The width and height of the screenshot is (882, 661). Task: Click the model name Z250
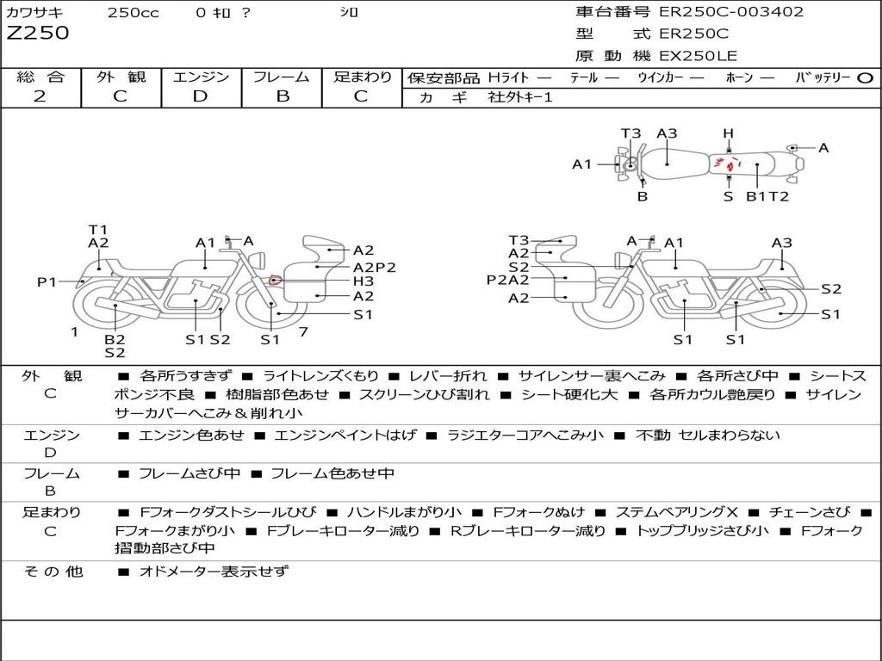(38, 34)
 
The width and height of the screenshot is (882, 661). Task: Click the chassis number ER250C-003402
(731, 12)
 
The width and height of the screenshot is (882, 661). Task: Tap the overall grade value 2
(40, 96)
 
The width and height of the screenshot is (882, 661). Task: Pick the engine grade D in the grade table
(201, 96)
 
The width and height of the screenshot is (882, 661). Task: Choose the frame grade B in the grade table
(283, 96)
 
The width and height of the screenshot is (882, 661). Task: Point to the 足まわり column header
(363, 77)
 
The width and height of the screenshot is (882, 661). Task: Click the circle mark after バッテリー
(865, 77)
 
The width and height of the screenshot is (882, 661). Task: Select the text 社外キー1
(522, 97)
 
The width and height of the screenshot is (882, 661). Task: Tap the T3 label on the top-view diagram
(631, 133)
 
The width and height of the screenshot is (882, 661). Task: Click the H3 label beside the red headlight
(363, 281)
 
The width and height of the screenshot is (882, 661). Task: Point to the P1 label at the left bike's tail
(47, 281)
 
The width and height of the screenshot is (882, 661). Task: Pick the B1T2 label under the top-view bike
(767, 196)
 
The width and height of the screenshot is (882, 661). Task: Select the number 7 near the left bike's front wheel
(303, 331)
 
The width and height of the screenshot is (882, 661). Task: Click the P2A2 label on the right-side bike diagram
(507, 279)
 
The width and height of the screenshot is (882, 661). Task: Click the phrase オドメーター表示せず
(214, 571)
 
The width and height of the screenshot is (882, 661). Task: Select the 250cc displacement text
(133, 12)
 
